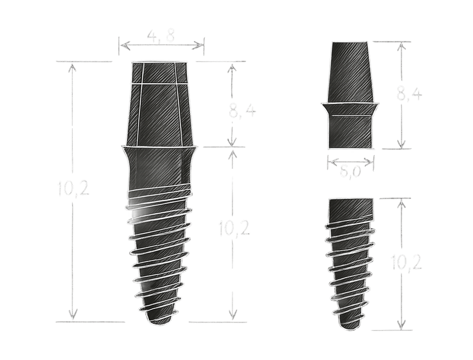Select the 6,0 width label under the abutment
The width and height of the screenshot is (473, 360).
(x=350, y=172)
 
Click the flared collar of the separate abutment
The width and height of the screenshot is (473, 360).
(x=350, y=108)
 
